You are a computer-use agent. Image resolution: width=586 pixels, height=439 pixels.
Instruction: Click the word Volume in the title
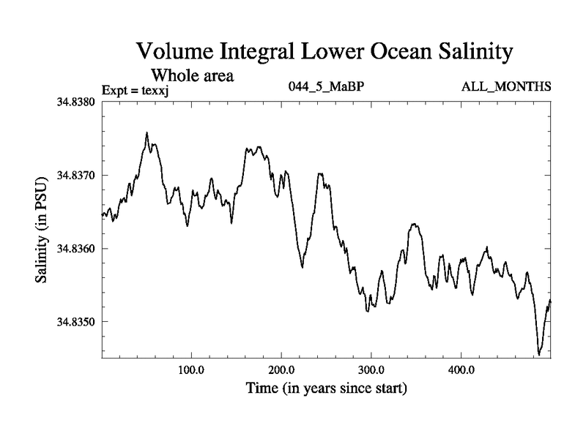point(174,53)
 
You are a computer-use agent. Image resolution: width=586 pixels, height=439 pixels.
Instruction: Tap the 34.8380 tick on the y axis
point(77,102)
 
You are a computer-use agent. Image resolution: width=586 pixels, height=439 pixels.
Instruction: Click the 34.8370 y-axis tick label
point(77,175)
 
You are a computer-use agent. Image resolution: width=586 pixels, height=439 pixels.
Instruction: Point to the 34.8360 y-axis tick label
point(77,248)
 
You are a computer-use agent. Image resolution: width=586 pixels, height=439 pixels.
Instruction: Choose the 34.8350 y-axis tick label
point(77,321)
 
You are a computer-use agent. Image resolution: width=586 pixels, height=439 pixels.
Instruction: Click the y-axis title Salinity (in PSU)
point(43,230)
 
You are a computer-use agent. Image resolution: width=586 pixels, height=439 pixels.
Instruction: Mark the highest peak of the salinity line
point(147,133)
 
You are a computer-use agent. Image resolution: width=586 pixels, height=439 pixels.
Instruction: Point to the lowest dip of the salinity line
point(539,354)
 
